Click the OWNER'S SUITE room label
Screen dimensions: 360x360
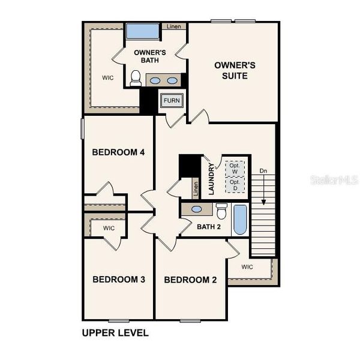[231, 70]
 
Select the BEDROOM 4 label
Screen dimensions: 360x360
[118, 152]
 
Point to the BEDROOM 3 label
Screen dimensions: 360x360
[118, 279]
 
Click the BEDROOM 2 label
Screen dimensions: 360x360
[190, 280]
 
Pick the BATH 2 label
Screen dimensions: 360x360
[209, 227]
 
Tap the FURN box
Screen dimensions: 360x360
[171, 101]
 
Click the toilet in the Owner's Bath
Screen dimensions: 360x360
[136, 78]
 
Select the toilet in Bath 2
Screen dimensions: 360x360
[221, 211]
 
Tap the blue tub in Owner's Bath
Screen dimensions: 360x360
[142, 32]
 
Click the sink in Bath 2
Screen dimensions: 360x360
[196, 210]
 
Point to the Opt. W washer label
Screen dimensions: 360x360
[235, 169]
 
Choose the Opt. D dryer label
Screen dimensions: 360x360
[235, 185]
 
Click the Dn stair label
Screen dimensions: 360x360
[263, 172]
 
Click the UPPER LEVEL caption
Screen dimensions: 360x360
[115, 332]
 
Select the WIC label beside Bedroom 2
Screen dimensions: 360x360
[247, 266]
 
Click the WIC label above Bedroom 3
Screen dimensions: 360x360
[109, 229]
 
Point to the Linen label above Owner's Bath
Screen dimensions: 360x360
[174, 26]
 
